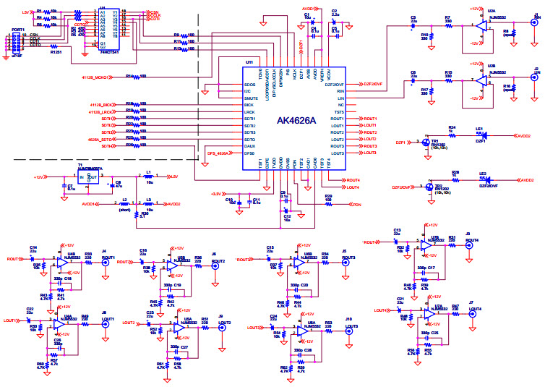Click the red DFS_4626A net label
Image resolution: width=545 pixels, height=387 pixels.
pyautogui.click(x=219, y=153)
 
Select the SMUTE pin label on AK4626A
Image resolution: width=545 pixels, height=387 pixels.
pyautogui.click(x=252, y=98)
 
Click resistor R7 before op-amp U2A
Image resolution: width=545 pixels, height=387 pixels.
pyautogui.click(x=447, y=23)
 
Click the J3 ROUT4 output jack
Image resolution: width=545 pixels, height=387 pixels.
pyautogui.click(x=468, y=245)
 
